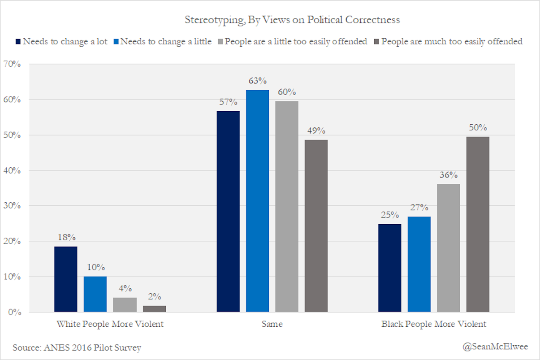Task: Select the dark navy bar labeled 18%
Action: [x=66, y=279]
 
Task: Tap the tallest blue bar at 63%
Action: [x=257, y=201]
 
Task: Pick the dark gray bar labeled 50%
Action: [x=478, y=224]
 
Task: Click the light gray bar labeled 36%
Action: [x=448, y=248]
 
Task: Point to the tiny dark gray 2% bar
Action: [x=154, y=309]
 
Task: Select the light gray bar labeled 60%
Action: [x=287, y=207]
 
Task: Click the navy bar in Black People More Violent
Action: [x=390, y=268]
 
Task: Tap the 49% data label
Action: [x=316, y=131]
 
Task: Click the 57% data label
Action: [x=228, y=102]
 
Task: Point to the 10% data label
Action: [x=95, y=268]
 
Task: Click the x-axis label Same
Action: [x=272, y=324]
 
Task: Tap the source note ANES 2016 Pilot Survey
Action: [x=77, y=348]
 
